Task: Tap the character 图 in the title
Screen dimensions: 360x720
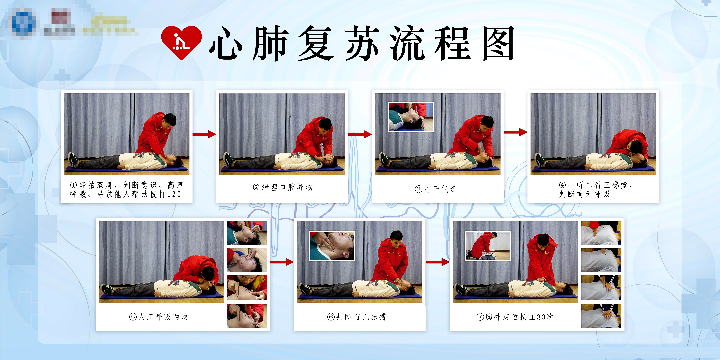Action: point(498,43)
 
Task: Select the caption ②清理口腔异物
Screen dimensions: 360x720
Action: point(282,187)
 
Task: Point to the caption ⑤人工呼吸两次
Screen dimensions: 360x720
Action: point(158,317)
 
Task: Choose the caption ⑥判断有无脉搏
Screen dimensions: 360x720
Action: point(357,317)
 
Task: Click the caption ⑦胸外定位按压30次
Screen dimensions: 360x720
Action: point(515,317)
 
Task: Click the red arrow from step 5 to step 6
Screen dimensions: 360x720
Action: point(282,262)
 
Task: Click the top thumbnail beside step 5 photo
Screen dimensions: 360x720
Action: point(247,233)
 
